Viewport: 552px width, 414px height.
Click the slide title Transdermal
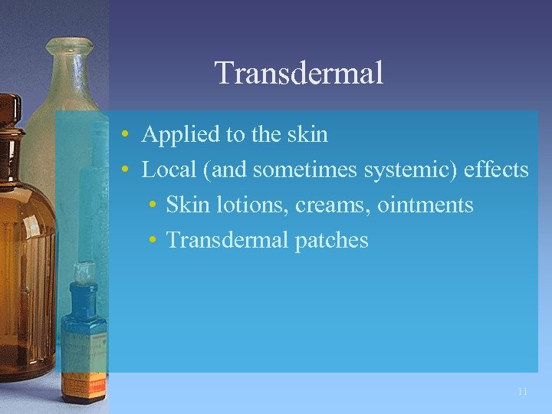pyautogui.click(x=298, y=74)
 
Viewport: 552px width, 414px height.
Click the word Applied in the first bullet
pyautogui.click(x=174, y=135)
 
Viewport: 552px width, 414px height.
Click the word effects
pyautogui.click(x=496, y=169)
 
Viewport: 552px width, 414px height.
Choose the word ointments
pyautogui.click(x=425, y=205)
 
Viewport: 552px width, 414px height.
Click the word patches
pyautogui.click(x=332, y=241)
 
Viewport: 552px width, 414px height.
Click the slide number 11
pyautogui.click(x=522, y=392)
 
